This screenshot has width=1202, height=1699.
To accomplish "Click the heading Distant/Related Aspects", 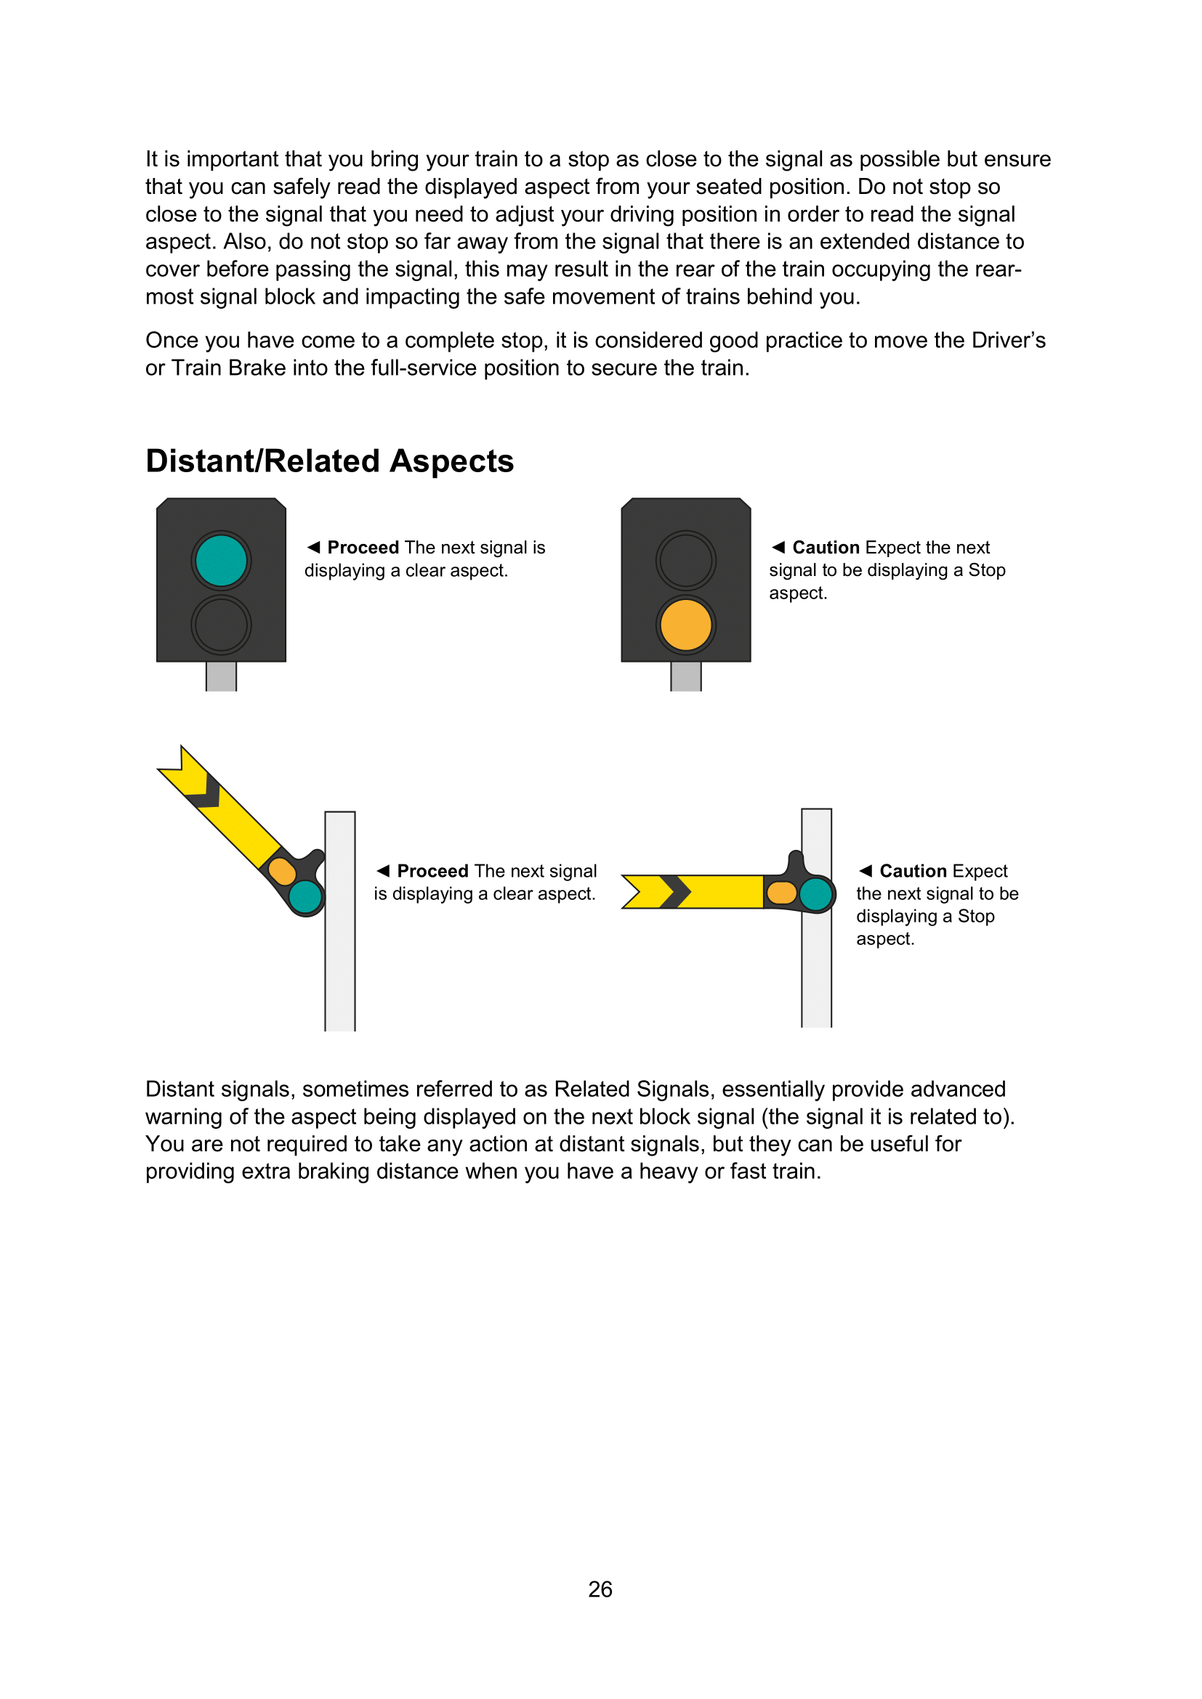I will tap(329, 461).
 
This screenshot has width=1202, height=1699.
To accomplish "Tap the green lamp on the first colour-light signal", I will tap(221, 560).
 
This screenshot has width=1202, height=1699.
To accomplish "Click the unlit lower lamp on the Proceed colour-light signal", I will tap(221, 625).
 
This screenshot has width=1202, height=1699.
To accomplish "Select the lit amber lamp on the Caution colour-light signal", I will tap(685, 625).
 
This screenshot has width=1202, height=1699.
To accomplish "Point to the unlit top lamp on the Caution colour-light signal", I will tap(685, 560).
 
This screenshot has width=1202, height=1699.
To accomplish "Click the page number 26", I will tap(600, 1589).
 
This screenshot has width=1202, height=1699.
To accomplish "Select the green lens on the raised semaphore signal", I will tap(306, 897).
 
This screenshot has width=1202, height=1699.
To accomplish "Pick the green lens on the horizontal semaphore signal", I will tap(816, 893).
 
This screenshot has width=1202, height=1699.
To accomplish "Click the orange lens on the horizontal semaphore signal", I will tap(782, 893).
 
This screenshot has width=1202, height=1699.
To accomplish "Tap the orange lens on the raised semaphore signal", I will tap(282, 871).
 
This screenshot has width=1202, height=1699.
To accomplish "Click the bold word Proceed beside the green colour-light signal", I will tap(363, 548).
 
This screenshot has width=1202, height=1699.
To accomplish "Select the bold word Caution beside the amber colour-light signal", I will tap(826, 548).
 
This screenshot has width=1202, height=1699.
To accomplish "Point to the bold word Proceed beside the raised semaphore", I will tap(432, 871).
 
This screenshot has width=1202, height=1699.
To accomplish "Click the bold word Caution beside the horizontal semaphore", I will tap(913, 871).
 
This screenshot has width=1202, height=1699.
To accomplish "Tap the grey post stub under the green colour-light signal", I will tap(221, 676).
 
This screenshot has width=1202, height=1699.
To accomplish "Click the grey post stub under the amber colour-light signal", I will tap(685, 676).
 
